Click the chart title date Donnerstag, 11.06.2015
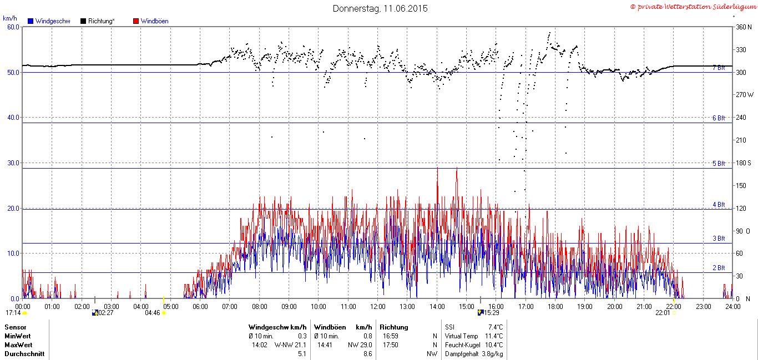coord(380,8)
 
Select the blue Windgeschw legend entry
coord(49,21)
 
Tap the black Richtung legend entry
coord(98,21)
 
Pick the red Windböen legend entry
coord(151,21)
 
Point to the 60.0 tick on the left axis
coord(13,27)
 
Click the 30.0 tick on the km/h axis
coord(13,163)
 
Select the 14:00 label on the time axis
coord(437,307)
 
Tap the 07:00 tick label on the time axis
coord(229,307)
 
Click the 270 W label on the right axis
coord(745,95)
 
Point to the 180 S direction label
coord(744,163)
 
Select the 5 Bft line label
coord(719,164)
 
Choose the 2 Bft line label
coord(719,267)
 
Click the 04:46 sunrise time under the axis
coord(152,313)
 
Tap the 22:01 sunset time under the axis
coord(663,313)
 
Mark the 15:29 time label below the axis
coord(491,313)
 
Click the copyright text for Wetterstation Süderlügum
coord(694,7)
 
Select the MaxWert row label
coord(19,345)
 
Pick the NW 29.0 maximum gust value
coord(360,345)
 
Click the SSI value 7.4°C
coord(496,327)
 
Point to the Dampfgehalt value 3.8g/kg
coord(492,354)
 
